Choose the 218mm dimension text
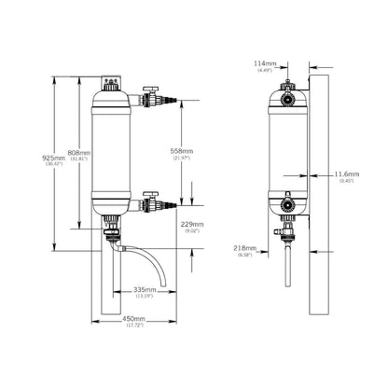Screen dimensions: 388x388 (246, 248)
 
